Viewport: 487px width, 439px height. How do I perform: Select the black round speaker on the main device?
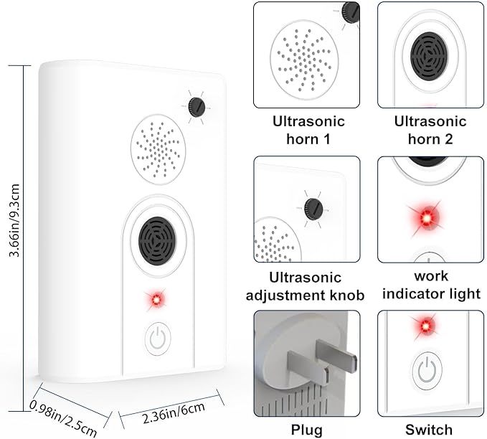click(x=158, y=240)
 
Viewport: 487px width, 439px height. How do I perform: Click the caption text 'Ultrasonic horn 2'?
click(x=428, y=130)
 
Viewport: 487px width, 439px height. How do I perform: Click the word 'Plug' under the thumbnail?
click(x=307, y=430)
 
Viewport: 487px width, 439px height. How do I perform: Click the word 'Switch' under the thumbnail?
click(x=428, y=430)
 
